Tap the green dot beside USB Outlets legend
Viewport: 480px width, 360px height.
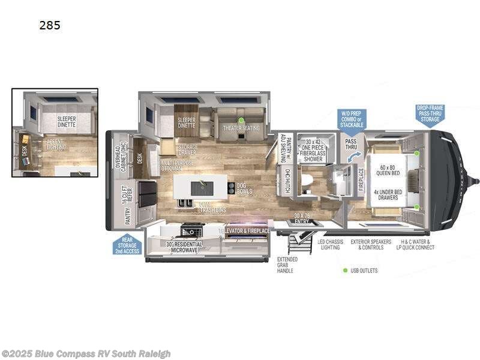[x=345, y=271]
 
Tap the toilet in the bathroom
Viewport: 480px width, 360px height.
[x=306, y=180]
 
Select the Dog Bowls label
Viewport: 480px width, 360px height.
[x=244, y=188]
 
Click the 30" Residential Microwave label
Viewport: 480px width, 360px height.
[x=184, y=247]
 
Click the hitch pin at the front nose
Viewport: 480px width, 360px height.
[x=476, y=181]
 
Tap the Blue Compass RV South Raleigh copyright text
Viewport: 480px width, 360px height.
[x=86, y=353]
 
